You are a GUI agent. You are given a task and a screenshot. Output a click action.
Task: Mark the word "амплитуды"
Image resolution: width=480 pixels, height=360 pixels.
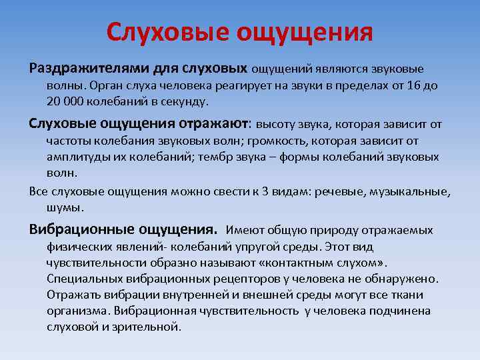[x=79, y=157]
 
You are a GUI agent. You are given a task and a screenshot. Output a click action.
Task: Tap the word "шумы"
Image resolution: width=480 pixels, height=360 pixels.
[x=65, y=207]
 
